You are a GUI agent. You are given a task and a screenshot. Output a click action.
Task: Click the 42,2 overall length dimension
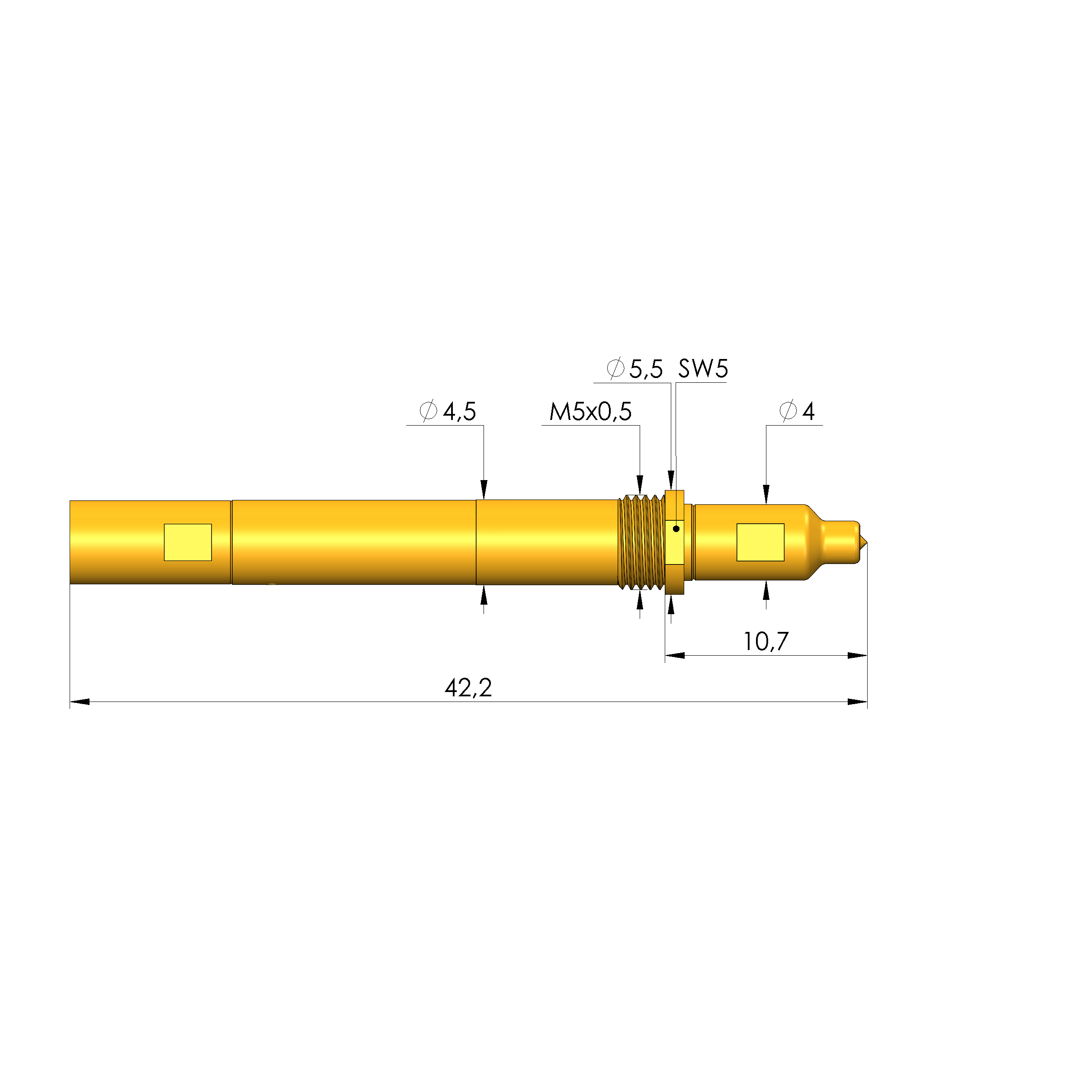[x=468, y=688]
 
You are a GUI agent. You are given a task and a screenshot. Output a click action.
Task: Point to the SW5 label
[x=702, y=369]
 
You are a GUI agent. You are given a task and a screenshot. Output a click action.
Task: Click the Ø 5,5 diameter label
[x=634, y=369]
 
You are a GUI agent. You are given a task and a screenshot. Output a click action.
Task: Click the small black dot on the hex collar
[x=676, y=529]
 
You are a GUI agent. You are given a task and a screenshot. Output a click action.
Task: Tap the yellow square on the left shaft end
[x=188, y=542]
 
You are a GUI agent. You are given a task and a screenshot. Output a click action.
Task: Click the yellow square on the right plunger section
[x=760, y=542]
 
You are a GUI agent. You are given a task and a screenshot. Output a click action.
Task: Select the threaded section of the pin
[x=641, y=542]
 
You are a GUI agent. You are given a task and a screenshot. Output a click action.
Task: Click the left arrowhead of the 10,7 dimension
[x=674, y=655]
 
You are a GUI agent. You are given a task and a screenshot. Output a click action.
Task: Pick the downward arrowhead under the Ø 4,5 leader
[x=484, y=489]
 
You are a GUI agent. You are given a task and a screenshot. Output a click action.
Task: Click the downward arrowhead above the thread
[x=640, y=485]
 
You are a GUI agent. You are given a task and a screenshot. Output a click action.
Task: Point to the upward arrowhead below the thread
[x=640, y=600]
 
